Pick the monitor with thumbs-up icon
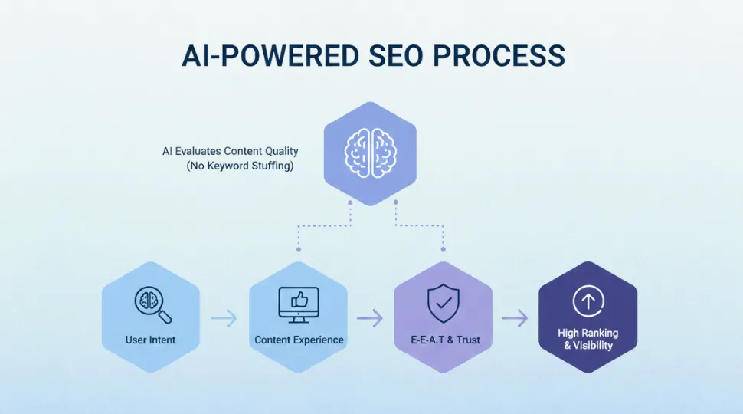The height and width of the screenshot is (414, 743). tap(299, 304)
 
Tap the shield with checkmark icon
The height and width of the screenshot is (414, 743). tap(444, 304)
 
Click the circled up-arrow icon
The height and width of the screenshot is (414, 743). tap(588, 301)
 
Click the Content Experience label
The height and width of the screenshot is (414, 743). tap(299, 340)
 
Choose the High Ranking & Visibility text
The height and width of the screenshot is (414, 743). tap(588, 339)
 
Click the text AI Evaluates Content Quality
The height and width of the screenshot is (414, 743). tap(230, 151)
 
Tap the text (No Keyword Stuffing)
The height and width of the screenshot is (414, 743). tap(240, 166)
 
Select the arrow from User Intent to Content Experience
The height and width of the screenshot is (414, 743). tap(224, 317)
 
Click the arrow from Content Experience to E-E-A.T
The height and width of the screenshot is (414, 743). tap(370, 317)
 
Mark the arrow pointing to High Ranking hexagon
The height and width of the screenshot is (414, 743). tap(515, 317)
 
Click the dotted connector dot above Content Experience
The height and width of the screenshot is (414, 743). tap(299, 249)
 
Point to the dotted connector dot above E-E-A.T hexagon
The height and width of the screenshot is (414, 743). tap(444, 249)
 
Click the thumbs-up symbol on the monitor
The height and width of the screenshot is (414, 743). tap(299, 301)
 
